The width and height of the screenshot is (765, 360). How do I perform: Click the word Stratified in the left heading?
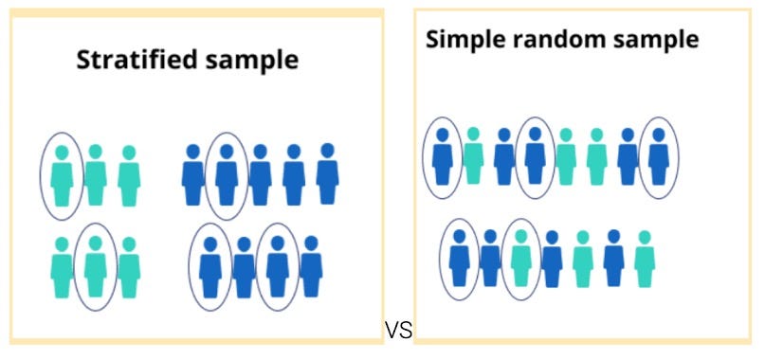tap(125, 61)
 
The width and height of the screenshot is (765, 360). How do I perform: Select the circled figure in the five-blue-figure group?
tap(226, 175)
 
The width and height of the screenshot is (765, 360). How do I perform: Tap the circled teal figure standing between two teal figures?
tap(95, 268)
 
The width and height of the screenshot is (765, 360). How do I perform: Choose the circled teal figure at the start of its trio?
tap(62, 175)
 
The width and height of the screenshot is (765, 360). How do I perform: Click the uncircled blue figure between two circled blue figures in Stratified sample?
tap(244, 268)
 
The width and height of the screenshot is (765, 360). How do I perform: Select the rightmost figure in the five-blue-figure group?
tap(327, 175)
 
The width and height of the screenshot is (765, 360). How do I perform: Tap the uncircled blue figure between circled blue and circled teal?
tap(489, 259)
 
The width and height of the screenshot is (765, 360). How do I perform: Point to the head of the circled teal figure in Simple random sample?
tap(520, 236)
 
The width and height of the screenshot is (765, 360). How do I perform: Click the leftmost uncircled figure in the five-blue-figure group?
tap(192, 175)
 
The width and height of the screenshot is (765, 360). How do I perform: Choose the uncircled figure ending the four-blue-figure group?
tap(311, 268)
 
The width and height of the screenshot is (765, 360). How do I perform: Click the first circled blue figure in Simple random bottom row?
tap(460, 259)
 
